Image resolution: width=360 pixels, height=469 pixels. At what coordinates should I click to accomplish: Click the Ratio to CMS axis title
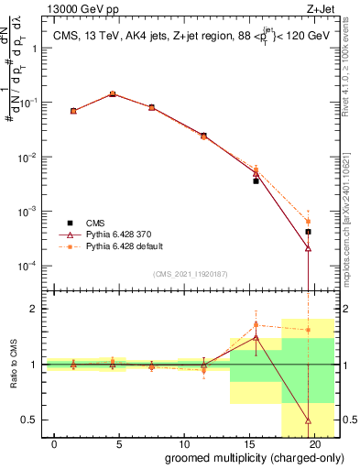(x=15, y=365)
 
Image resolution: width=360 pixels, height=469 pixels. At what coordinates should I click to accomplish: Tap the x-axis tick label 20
(x=315, y=442)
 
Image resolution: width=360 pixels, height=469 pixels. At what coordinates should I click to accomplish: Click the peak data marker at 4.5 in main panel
(x=113, y=93)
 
